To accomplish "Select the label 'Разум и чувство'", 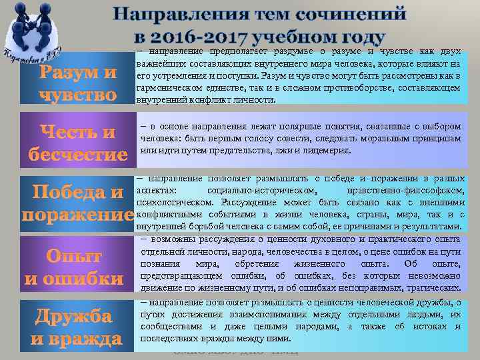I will point(79,83).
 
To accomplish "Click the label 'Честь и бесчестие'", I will point(79,143).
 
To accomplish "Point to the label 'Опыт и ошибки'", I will point(74,267).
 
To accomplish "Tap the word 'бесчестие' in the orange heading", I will point(79,155).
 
